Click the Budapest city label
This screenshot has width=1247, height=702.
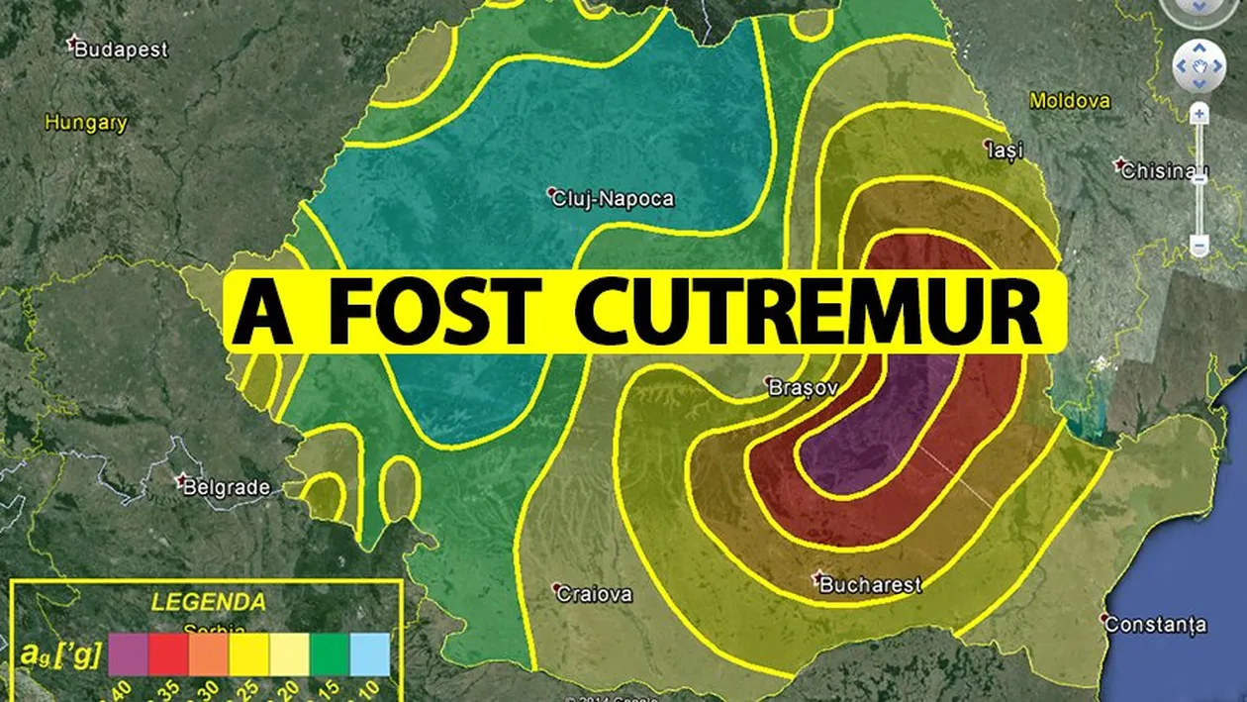tap(121, 49)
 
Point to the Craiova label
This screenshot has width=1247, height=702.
tap(594, 594)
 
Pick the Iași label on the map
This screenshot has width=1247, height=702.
tap(1007, 150)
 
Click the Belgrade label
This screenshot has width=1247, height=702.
tap(229, 487)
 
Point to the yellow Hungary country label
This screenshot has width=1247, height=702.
tap(86, 124)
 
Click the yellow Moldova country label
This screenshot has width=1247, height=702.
tap(1070, 101)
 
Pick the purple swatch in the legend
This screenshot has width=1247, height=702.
tap(129, 654)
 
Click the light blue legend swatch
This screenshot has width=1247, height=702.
tap(370, 654)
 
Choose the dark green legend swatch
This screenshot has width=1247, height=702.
tap(330, 654)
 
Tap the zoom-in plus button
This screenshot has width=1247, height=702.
tap(1199, 115)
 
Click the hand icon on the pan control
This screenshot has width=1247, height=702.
tap(1199, 65)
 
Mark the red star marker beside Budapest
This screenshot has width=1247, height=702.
tap(70, 44)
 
